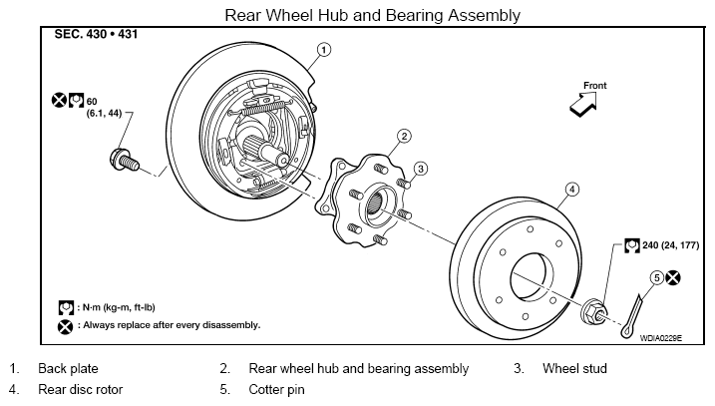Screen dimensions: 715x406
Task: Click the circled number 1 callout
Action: pyautogui.click(x=323, y=50)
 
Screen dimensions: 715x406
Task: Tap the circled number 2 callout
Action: pyautogui.click(x=404, y=136)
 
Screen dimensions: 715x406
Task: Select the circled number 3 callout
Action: pyautogui.click(x=421, y=169)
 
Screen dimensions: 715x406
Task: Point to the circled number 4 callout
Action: pyautogui.click(x=571, y=190)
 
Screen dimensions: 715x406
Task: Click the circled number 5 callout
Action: pyautogui.click(x=656, y=277)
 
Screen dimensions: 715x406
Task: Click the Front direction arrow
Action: pyautogui.click(x=583, y=105)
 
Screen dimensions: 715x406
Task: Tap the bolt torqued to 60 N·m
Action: pyautogui.click(x=125, y=161)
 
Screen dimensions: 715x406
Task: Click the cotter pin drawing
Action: pyautogui.click(x=631, y=317)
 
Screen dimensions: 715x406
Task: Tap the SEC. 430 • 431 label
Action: pyautogui.click(x=96, y=34)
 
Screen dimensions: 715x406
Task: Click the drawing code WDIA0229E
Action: pyautogui.click(x=661, y=338)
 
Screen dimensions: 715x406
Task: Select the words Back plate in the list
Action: pyautogui.click(x=68, y=369)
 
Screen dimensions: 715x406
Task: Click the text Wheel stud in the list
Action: pyautogui.click(x=574, y=369)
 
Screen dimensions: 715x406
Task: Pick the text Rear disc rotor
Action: pyautogui.click(x=80, y=390)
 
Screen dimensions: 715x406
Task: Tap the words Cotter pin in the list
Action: pyautogui.click(x=276, y=390)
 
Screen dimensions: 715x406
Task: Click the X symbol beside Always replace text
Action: pyautogui.click(x=65, y=326)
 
